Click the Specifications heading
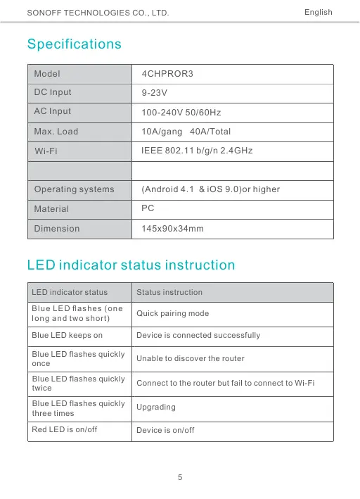click(x=74, y=44)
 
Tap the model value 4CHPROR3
click(x=167, y=74)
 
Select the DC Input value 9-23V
click(x=154, y=93)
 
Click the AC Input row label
click(x=53, y=111)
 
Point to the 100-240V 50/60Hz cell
click(x=182, y=113)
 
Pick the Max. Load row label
click(x=56, y=132)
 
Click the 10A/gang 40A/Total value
click(x=186, y=132)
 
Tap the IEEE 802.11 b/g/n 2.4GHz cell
click(x=197, y=151)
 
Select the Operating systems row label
click(x=74, y=189)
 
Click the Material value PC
click(x=148, y=208)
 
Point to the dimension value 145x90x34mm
click(x=172, y=229)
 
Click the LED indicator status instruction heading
click(x=131, y=265)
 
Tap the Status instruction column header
click(x=169, y=292)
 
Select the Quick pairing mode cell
click(x=172, y=313)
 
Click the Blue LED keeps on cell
click(x=67, y=336)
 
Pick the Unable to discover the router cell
click(x=190, y=359)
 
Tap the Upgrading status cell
click(x=156, y=408)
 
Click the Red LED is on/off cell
click(x=64, y=430)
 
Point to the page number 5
click(x=181, y=478)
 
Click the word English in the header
click(x=318, y=13)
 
